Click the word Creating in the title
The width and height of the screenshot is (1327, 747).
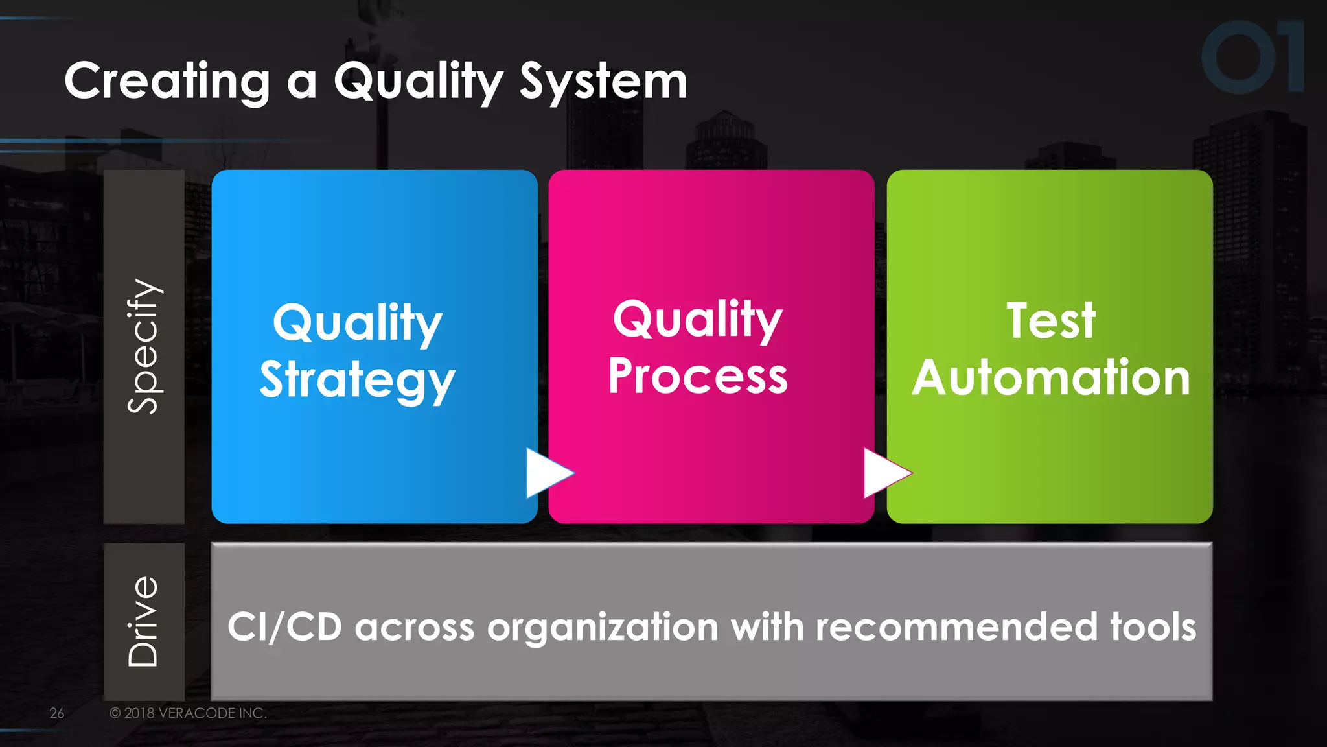tap(167, 82)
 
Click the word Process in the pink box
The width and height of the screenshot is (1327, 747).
tap(698, 376)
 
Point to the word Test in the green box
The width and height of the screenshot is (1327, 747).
tap(1050, 320)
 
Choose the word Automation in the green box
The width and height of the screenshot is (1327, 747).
tap(1050, 377)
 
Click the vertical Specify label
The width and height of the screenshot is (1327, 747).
tap(143, 346)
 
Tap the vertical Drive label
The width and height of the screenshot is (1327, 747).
tap(143, 621)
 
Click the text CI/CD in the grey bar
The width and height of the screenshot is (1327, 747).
tap(284, 627)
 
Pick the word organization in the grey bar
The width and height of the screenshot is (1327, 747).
tap(603, 627)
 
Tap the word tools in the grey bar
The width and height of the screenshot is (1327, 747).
tap(1153, 627)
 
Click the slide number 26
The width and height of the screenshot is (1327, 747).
tap(57, 713)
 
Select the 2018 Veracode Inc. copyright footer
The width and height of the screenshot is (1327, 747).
tap(188, 713)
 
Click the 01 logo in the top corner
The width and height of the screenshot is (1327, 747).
tap(1252, 57)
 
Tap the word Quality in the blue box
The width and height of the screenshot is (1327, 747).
tap(357, 323)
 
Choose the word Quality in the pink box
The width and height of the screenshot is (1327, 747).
tap(698, 319)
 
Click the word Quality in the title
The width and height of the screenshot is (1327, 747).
tap(418, 82)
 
